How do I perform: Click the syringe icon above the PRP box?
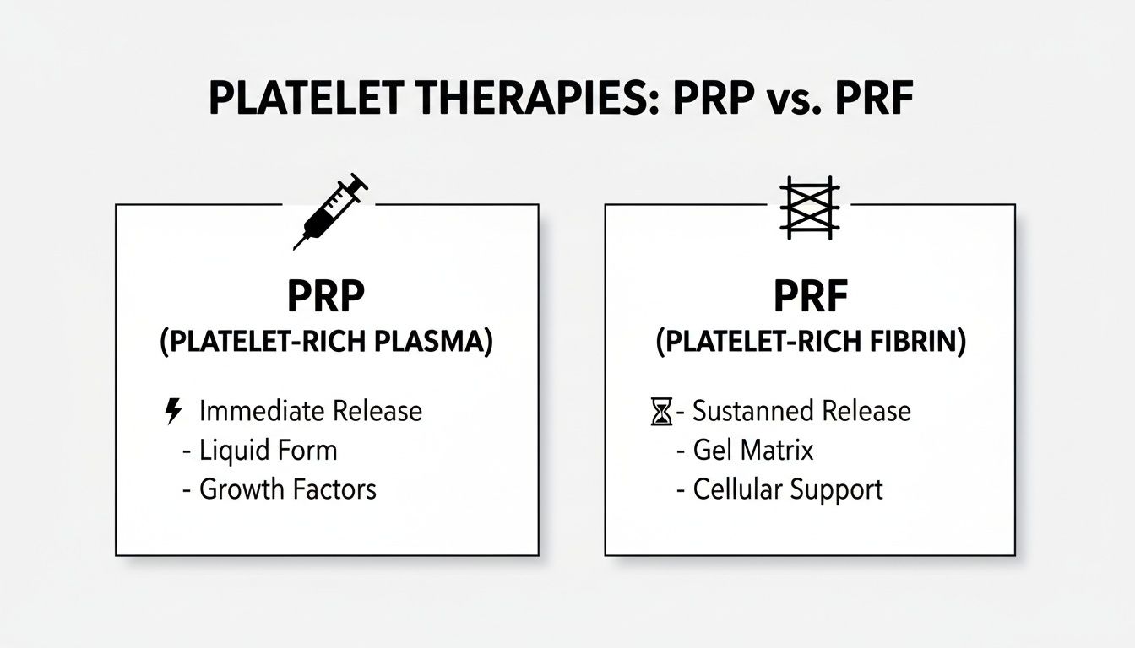click(330, 211)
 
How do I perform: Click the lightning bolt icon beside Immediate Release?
click(172, 412)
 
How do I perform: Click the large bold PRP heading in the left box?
click(326, 297)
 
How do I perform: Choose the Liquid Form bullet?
click(268, 451)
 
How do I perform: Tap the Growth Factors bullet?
click(287, 489)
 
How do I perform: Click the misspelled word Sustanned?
click(744, 412)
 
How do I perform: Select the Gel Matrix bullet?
click(752, 451)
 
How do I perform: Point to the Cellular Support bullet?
click(787, 489)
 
